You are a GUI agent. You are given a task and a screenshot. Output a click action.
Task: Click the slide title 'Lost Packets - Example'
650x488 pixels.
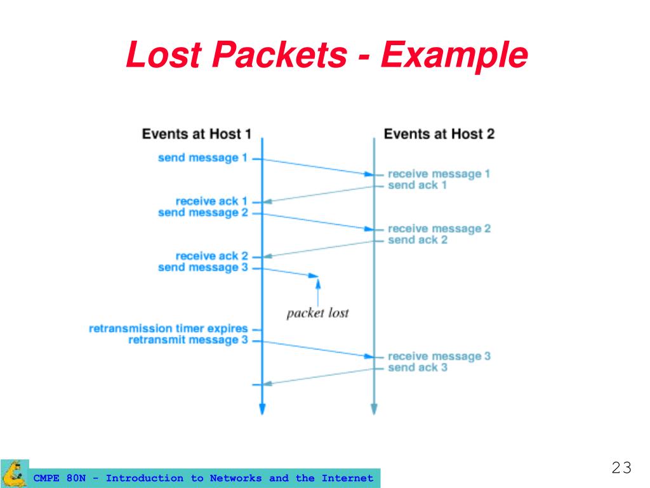click(326, 55)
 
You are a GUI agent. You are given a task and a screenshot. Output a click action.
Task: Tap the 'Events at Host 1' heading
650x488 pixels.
click(196, 134)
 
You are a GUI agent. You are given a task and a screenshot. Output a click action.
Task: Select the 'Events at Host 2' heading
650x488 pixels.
click(439, 134)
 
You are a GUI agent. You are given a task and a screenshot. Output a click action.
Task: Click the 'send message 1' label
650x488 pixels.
click(202, 158)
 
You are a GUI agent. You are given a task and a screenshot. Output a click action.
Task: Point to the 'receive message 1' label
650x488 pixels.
click(439, 173)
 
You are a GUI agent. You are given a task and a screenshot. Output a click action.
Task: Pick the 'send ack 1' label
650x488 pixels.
click(417, 185)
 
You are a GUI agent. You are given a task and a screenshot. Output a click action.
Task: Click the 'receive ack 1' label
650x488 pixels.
click(211, 201)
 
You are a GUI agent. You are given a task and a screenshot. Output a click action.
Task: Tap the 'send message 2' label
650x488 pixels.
click(202, 212)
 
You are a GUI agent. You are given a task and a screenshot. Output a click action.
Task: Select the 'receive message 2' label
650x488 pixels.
click(439, 228)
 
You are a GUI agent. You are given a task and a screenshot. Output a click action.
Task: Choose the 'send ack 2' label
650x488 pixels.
click(418, 240)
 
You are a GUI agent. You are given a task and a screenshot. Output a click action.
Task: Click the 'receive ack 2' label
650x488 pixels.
click(211, 256)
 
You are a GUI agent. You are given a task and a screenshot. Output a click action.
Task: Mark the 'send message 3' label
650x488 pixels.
click(202, 268)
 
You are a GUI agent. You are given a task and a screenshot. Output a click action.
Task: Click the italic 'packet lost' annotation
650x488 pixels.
click(317, 313)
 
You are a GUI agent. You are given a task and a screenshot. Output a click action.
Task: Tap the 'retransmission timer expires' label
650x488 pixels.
click(168, 329)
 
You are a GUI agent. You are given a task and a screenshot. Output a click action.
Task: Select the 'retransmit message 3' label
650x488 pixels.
click(187, 340)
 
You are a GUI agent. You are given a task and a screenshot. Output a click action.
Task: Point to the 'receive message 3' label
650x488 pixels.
click(439, 356)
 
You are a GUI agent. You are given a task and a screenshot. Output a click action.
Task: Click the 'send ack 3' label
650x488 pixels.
click(418, 367)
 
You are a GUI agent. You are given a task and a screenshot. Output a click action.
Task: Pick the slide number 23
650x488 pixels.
click(621, 468)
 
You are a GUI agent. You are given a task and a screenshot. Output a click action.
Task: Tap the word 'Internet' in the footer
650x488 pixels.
click(347, 478)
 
